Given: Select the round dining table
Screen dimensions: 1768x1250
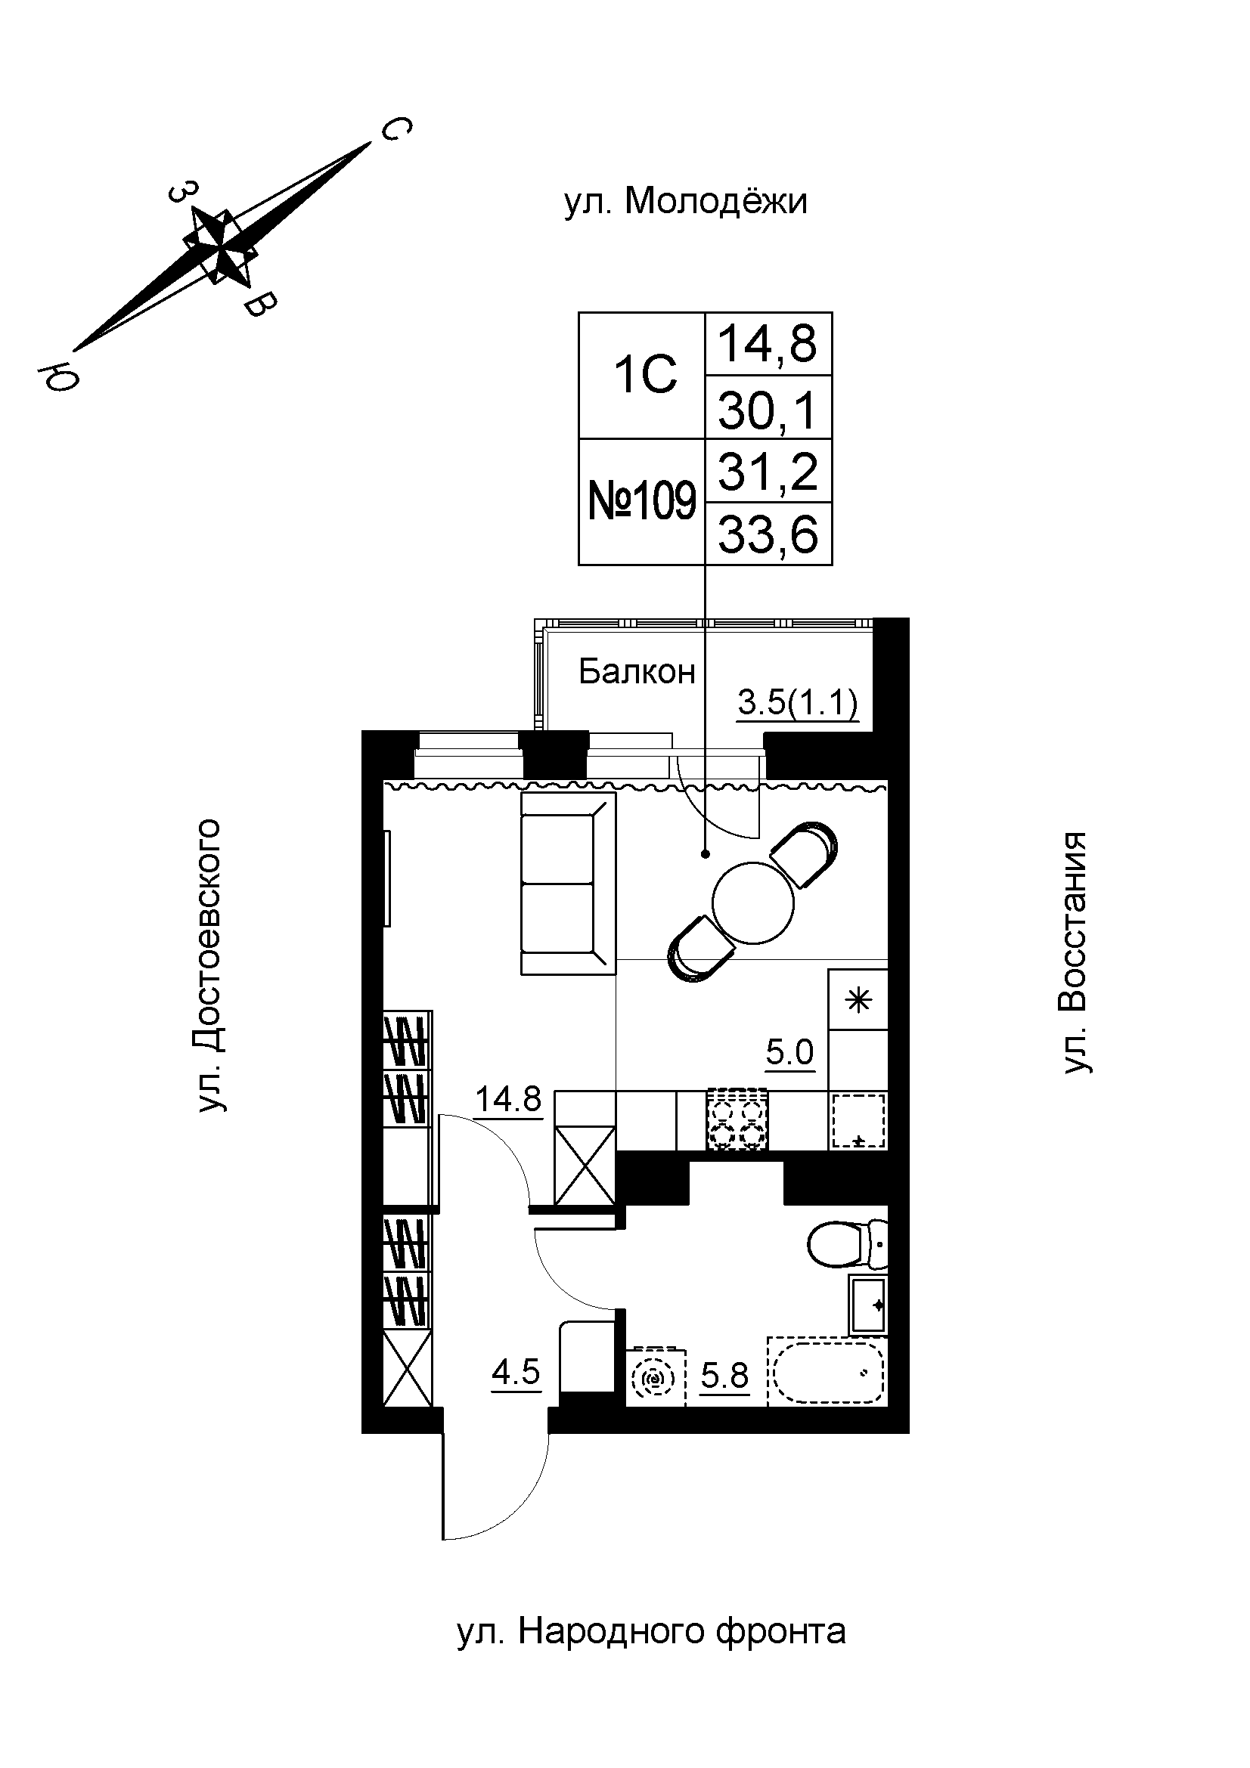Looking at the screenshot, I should [x=752, y=903].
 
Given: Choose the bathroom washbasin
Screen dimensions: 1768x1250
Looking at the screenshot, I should [x=868, y=1305].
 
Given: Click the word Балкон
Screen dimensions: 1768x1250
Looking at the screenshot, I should [x=637, y=672].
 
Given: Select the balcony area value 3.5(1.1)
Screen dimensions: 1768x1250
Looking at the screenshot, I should [x=797, y=703].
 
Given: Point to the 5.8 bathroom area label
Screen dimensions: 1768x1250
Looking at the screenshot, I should [x=724, y=1374].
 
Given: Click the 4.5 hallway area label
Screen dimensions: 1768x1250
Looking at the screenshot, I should [x=516, y=1372].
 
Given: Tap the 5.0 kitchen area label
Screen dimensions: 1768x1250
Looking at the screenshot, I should [x=790, y=1051].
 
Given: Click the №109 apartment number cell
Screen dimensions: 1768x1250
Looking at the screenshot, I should [x=641, y=502].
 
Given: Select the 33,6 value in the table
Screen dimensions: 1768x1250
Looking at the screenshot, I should [x=768, y=534].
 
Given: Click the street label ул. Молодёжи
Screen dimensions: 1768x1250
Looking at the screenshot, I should [x=685, y=203].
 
